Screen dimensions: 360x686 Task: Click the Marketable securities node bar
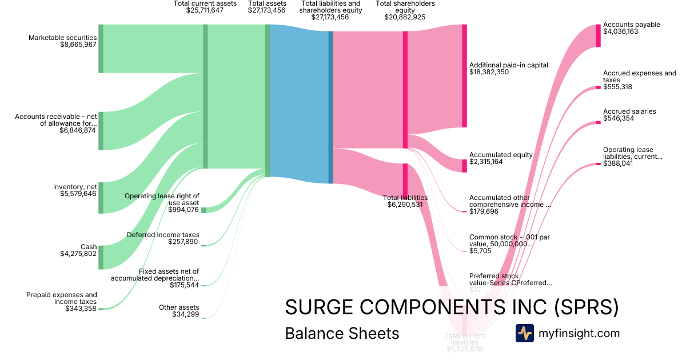click(x=101, y=49)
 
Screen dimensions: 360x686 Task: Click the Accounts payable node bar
click(x=598, y=35)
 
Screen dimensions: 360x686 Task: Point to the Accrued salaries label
click(x=629, y=111)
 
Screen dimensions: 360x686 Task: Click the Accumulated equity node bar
click(x=464, y=165)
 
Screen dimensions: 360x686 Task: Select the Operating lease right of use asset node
click(x=204, y=210)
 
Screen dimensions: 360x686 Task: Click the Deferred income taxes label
click(x=163, y=235)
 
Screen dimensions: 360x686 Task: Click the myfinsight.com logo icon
click(x=524, y=333)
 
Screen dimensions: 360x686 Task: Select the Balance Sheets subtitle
click(x=342, y=333)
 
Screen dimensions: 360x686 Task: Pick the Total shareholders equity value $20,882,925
click(x=405, y=17)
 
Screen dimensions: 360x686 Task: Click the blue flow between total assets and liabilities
click(x=298, y=103)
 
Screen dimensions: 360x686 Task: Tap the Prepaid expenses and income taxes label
click(x=62, y=298)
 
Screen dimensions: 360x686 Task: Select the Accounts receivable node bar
click(x=101, y=131)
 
